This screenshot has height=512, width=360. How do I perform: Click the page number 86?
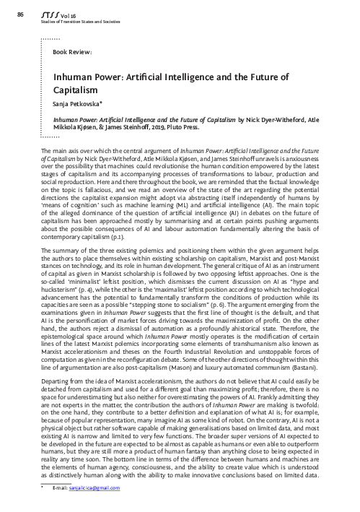tap(19, 14)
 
